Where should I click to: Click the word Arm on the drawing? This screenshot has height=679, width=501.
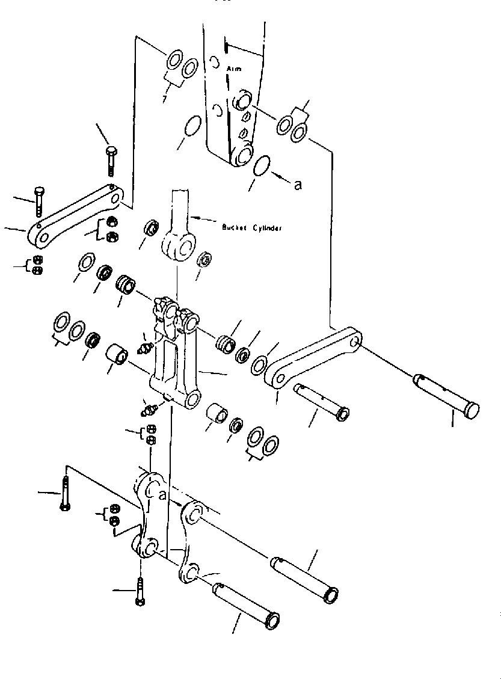coord(234,69)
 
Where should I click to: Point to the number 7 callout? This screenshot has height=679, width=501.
coord(164,97)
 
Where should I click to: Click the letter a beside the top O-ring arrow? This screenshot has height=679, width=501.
coord(297,185)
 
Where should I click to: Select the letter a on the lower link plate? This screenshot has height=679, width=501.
coord(162,495)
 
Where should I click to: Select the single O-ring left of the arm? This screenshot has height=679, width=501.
coord(192,127)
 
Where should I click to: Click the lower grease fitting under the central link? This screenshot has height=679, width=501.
coord(149,410)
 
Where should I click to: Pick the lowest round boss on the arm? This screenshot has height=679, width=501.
coord(244,155)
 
